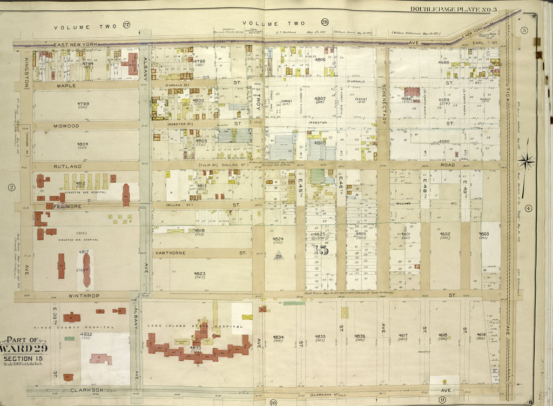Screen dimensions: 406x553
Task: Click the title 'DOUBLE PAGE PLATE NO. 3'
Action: [460, 9]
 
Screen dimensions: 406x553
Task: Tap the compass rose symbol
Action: [526, 160]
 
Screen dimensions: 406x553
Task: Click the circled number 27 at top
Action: [127, 25]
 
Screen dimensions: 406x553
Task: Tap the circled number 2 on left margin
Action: [11, 188]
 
